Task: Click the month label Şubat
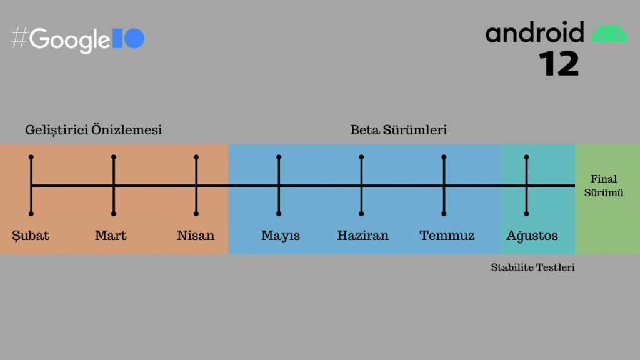coord(31,236)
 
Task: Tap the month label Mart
coord(111,236)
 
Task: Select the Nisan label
coord(196,236)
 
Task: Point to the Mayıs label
coord(281,236)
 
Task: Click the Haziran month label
coord(363,236)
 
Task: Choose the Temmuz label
coord(447,236)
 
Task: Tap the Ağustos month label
coord(532,236)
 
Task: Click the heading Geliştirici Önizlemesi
coord(94,130)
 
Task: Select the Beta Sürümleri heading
coord(398,130)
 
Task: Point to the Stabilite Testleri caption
coord(532,267)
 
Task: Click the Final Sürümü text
coord(604,186)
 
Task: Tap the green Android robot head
coord(609,32)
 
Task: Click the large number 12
coord(559,64)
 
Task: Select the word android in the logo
coord(535,32)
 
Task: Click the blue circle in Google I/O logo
coord(134,38)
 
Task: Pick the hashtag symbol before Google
coord(19,38)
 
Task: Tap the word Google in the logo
coord(70,40)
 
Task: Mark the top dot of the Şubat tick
coord(31,157)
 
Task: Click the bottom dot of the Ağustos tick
coord(526,214)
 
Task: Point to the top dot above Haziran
coord(361,157)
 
